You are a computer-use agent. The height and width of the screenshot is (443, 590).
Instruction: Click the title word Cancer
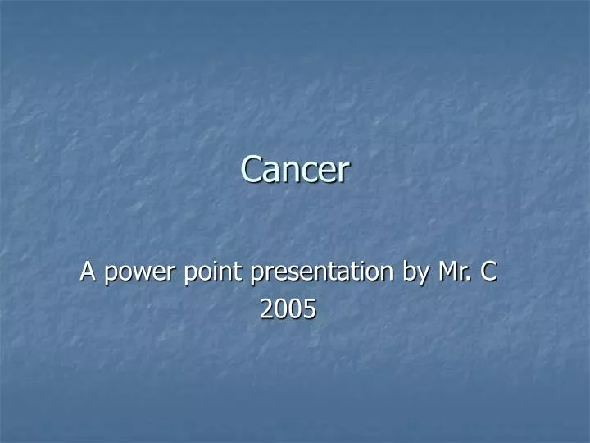[295, 170]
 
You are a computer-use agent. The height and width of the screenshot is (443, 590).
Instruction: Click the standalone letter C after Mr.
[488, 272]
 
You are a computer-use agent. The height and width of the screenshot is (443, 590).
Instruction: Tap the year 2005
[288, 308]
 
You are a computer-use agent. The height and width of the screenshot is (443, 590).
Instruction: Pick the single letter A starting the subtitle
[87, 272]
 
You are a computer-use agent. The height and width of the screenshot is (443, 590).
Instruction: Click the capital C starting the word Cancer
[250, 170]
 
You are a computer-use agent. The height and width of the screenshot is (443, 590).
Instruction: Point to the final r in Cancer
[344, 171]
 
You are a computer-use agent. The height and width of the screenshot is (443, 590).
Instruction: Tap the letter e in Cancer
[329, 171]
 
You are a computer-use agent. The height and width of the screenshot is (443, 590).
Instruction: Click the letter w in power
[133, 274]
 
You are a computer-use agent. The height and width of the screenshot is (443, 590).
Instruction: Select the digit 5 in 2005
[310, 308]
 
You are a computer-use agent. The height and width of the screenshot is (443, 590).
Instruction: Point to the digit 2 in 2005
[266, 308]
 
